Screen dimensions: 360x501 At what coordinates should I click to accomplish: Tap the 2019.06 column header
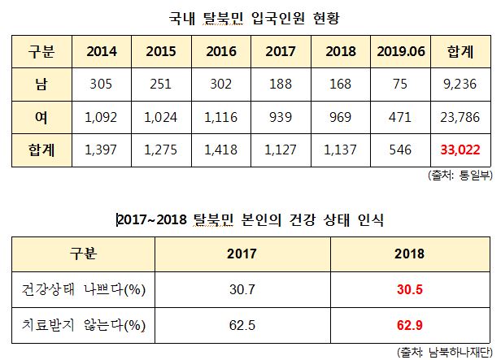pos(402,51)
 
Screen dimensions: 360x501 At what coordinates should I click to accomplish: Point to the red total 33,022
pos(461,150)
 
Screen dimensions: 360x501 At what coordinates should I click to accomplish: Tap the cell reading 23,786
pos(461,117)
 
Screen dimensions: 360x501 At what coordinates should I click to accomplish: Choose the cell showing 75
pos(402,85)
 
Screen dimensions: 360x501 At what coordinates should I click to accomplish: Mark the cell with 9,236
pos(461,85)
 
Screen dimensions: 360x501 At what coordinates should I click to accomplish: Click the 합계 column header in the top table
pos(461,51)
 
